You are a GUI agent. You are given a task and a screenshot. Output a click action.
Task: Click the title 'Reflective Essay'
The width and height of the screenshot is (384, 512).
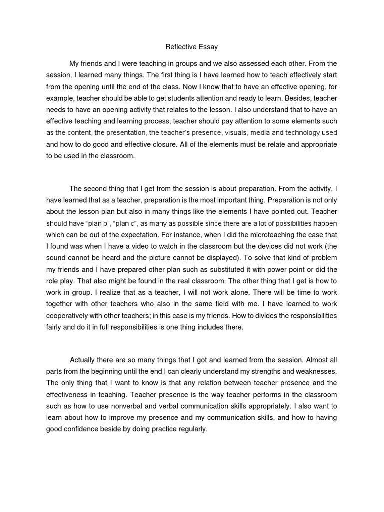pos(192,48)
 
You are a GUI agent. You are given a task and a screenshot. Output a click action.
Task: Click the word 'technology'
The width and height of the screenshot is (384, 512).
pos(305,133)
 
